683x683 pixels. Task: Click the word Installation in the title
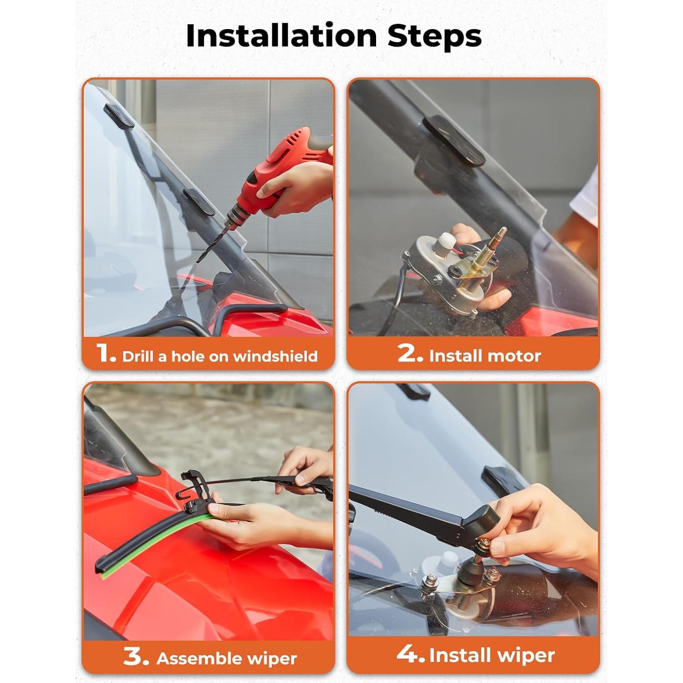click(x=281, y=36)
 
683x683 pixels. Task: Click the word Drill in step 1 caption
click(x=138, y=356)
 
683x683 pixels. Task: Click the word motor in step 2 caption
click(x=513, y=356)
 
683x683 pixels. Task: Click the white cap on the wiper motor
click(x=441, y=245)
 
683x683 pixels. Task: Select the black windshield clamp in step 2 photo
click(x=454, y=140)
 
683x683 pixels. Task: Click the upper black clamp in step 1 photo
click(x=119, y=115)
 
